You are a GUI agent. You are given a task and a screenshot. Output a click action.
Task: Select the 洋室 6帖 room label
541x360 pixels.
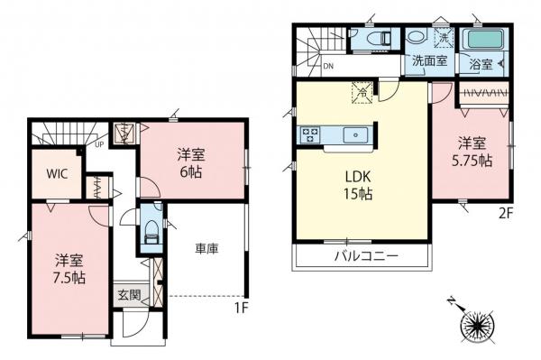pyautogui.click(x=189, y=162)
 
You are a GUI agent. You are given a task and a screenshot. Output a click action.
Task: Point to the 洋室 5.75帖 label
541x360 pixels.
pyautogui.click(x=473, y=152)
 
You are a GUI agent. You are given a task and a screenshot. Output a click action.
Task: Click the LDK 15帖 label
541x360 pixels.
pyautogui.click(x=358, y=185)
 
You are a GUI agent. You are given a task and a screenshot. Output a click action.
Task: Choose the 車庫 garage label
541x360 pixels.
pyautogui.click(x=207, y=249)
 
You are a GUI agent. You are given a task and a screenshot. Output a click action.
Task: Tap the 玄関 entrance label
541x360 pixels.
pyautogui.click(x=127, y=295)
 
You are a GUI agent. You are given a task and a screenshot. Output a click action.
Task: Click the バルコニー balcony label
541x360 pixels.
pyautogui.click(x=359, y=257)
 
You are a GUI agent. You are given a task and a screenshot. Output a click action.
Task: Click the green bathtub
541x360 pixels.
pyautogui.click(x=483, y=41)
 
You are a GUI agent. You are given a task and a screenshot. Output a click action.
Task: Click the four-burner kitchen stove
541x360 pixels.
pyautogui.click(x=308, y=135)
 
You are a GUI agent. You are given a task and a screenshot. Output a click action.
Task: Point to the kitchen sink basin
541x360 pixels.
pyautogui.click(x=354, y=135)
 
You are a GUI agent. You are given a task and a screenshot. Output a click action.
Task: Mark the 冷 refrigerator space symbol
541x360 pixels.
pyautogui.click(x=358, y=91)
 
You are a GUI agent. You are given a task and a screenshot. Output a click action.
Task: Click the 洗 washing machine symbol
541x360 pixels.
pyautogui.click(x=443, y=38)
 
